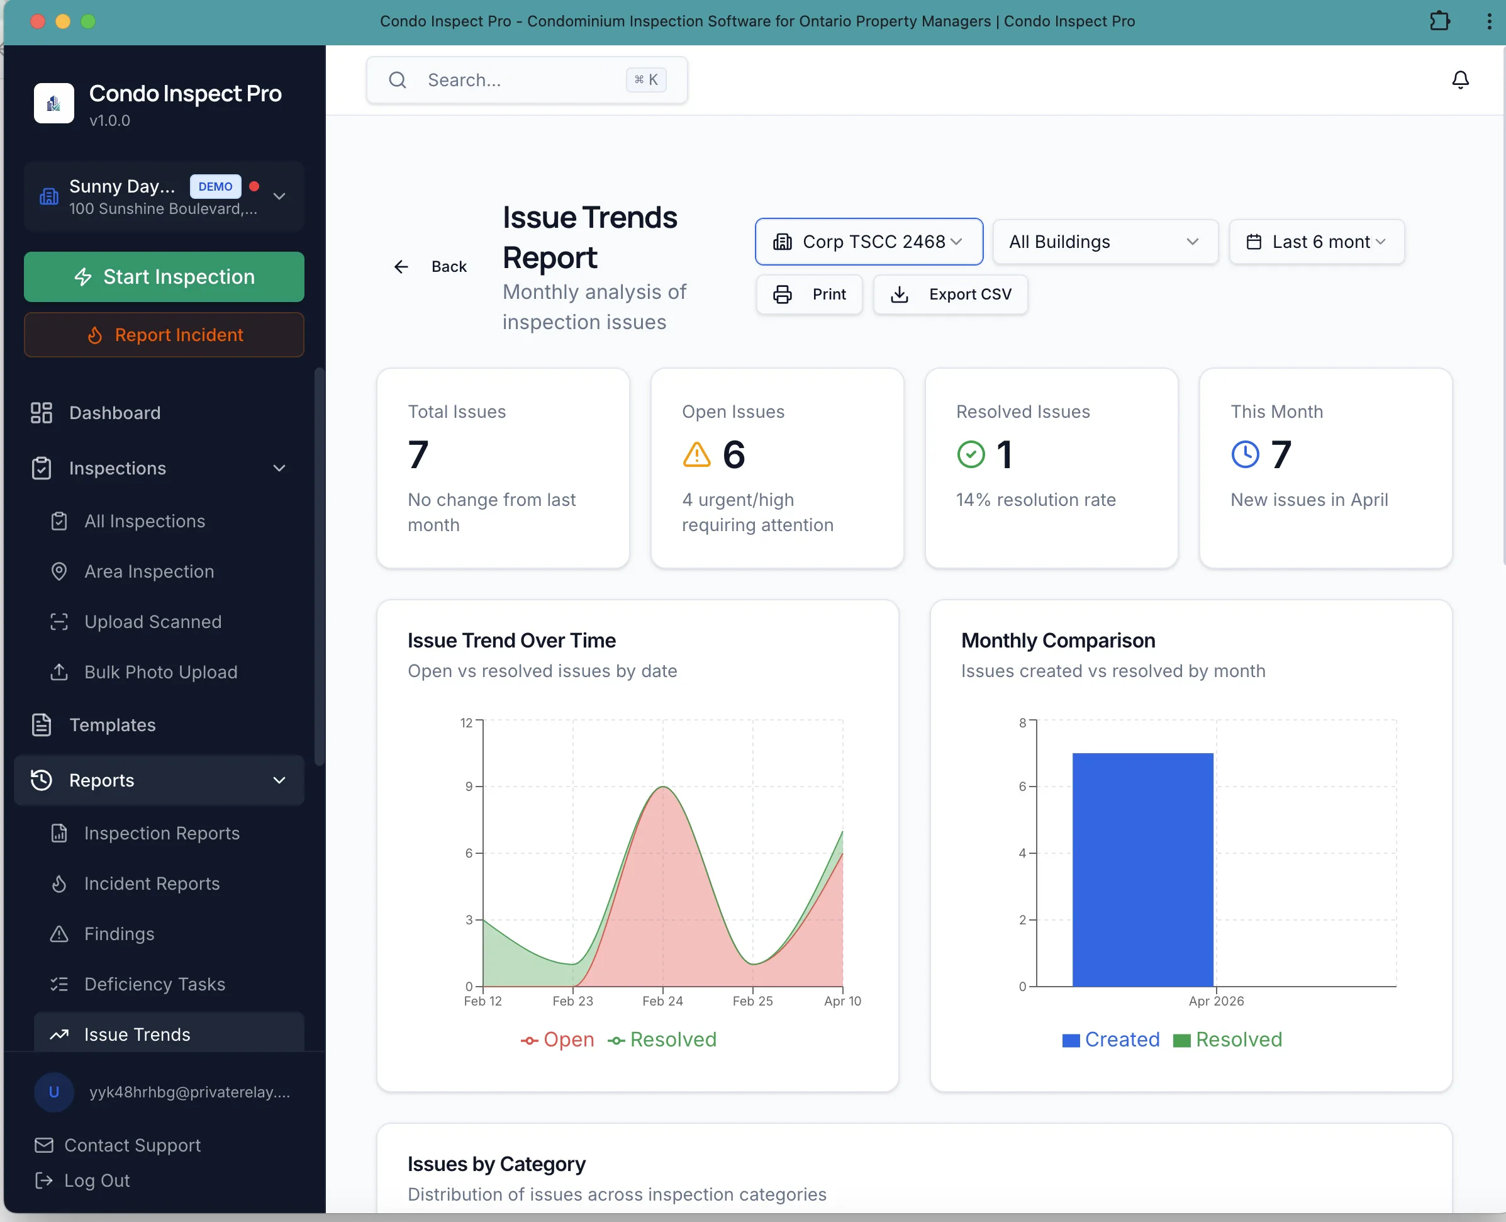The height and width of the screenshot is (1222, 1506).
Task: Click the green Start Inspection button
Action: (164, 277)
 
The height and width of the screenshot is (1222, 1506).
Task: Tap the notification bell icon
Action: (1460, 79)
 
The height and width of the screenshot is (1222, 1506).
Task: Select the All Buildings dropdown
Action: (1105, 242)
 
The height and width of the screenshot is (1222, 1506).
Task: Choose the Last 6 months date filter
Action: (1316, 242)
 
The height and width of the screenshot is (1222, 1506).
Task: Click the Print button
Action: (809, 294)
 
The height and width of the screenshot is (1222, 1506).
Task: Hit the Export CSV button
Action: (950, 294)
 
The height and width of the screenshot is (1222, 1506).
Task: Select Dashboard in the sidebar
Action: (114, 413)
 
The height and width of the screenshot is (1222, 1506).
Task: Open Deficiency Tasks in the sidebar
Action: (155, 984)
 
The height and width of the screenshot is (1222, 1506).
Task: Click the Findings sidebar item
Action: (119, 933)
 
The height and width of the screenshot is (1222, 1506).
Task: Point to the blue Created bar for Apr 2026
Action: (1142, 870)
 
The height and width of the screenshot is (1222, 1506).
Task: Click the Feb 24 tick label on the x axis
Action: (662, 1001)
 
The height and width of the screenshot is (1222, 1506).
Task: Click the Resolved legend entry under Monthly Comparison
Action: (1227, 1040)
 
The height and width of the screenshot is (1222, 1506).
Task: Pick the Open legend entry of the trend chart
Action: (557, 1040)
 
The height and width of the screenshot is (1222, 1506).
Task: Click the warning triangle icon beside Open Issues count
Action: (697, 455)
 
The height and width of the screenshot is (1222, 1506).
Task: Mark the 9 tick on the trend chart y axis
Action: (469, 787)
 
